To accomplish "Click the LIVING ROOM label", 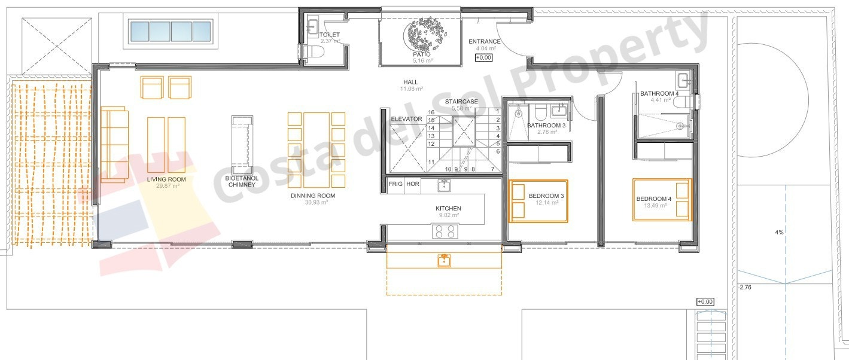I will coord(166,179).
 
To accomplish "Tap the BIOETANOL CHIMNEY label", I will coord(242,181).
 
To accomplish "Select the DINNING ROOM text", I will coord(312,196).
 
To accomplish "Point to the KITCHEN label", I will coord(448,208).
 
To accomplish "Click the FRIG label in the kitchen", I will coord(395,184).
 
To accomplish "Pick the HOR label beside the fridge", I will coord(413,184).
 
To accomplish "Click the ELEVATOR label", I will coord(406,119).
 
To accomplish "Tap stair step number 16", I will coord(431,112).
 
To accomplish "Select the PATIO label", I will coord(421,54).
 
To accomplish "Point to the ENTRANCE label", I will coord(485,41).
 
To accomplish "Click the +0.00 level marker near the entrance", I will coord(483,58).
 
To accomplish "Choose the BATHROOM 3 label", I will coord(546,125).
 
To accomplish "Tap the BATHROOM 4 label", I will coord(659,93).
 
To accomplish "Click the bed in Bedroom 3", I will coord(538,201).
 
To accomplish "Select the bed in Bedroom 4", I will coord(662,199).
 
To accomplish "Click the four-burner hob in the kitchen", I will coord(445,231).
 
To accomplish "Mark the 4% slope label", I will coord(779,232).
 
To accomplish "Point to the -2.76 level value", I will coord(745,288).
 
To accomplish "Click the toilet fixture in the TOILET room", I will coord(314,53).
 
